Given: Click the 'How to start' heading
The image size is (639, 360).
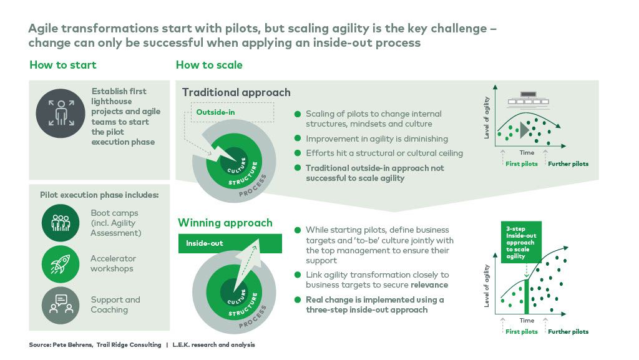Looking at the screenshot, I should pos(63,65).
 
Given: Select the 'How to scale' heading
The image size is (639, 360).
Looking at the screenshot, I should pos(209,65).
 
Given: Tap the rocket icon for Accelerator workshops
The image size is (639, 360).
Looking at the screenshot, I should pos(61,263).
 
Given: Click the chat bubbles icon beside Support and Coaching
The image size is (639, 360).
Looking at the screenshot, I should pos(61,304).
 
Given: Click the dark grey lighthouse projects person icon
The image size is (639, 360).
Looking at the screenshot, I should pos(61,112).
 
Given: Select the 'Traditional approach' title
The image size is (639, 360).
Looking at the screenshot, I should pos(236,92).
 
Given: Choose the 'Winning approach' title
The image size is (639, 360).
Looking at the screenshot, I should pos(225,223).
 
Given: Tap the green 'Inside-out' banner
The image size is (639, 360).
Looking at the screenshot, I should pos(230,243).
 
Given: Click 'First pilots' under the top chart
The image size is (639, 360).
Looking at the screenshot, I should pos(521,164).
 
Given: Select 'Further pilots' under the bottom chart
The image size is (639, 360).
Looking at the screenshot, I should pos(568,331).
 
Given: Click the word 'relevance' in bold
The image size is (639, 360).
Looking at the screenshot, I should pos(429,285).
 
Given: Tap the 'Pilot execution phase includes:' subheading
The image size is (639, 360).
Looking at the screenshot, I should pos(99,195).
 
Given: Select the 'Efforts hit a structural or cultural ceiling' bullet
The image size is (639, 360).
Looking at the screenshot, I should pos(384,153).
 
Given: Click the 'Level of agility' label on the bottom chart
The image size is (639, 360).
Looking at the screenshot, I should pos(487,285).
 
